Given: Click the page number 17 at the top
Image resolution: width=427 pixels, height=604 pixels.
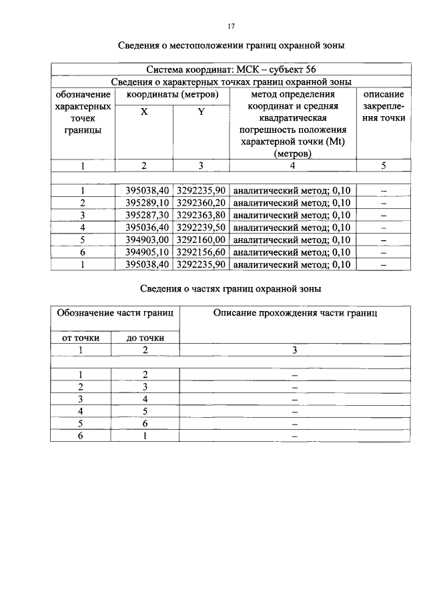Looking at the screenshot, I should [232, 27].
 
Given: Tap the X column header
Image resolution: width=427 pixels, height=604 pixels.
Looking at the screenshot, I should [144, 112].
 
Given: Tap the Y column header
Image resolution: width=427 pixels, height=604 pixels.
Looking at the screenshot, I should [201, 112].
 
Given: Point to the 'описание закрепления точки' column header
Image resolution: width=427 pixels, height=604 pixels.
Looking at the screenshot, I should [384, 106].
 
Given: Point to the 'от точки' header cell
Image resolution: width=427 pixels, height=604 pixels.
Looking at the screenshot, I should [81, 338].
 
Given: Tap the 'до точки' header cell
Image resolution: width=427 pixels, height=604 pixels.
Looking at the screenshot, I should [145, 338].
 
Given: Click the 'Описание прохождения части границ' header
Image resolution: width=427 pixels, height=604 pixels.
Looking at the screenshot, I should [295, 313].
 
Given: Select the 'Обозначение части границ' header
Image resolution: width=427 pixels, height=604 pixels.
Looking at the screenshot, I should [115, 313].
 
